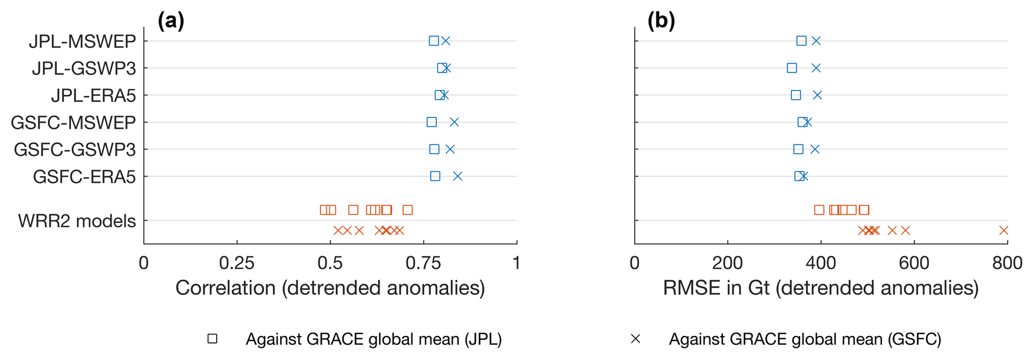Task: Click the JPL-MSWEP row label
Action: pyautogui.click(x=82, y=41)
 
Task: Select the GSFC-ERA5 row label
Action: pyautogui.click(x=84, y=177)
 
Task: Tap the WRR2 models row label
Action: pyautogui.click(x=77, y=221)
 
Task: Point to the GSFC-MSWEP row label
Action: pyautogui.click(x=73, y=122)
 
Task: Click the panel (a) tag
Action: pyautogui.click(x=171, y=21)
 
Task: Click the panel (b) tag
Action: pyautogui.click(x=661, y=21)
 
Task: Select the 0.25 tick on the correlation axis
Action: pyautogui.click(x=237, y=263)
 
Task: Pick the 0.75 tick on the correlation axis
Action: pyautogui.click(x=423, y=263)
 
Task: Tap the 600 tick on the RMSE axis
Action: pyautogui.click(x=914, y=263)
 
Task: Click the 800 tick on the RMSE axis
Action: pyautogui.click(x=1007, y=263)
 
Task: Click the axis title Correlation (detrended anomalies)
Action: pyautogui.click(x=330, y=288)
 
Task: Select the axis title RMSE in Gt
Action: pyautogui.click(x=820, y=288)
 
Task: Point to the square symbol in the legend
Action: pyautogui.click(x=213, y=339)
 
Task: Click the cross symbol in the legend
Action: pyautogui.click(x=635, y=339)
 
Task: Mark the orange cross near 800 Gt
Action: pyautogui.click(x=1003, y=230)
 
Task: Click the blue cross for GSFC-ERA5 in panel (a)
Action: pyautogui.click(x=457, y=176)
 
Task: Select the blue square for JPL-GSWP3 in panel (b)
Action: pyautogui.click(x=791, y=68)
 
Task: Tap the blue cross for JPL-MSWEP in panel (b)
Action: pyautogui.click(x=816, y=41)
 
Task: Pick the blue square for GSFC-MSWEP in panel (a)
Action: pyautogui.click(x=432, y=122)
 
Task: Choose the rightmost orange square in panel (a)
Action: pyautogui.click(x=408, y=210)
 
